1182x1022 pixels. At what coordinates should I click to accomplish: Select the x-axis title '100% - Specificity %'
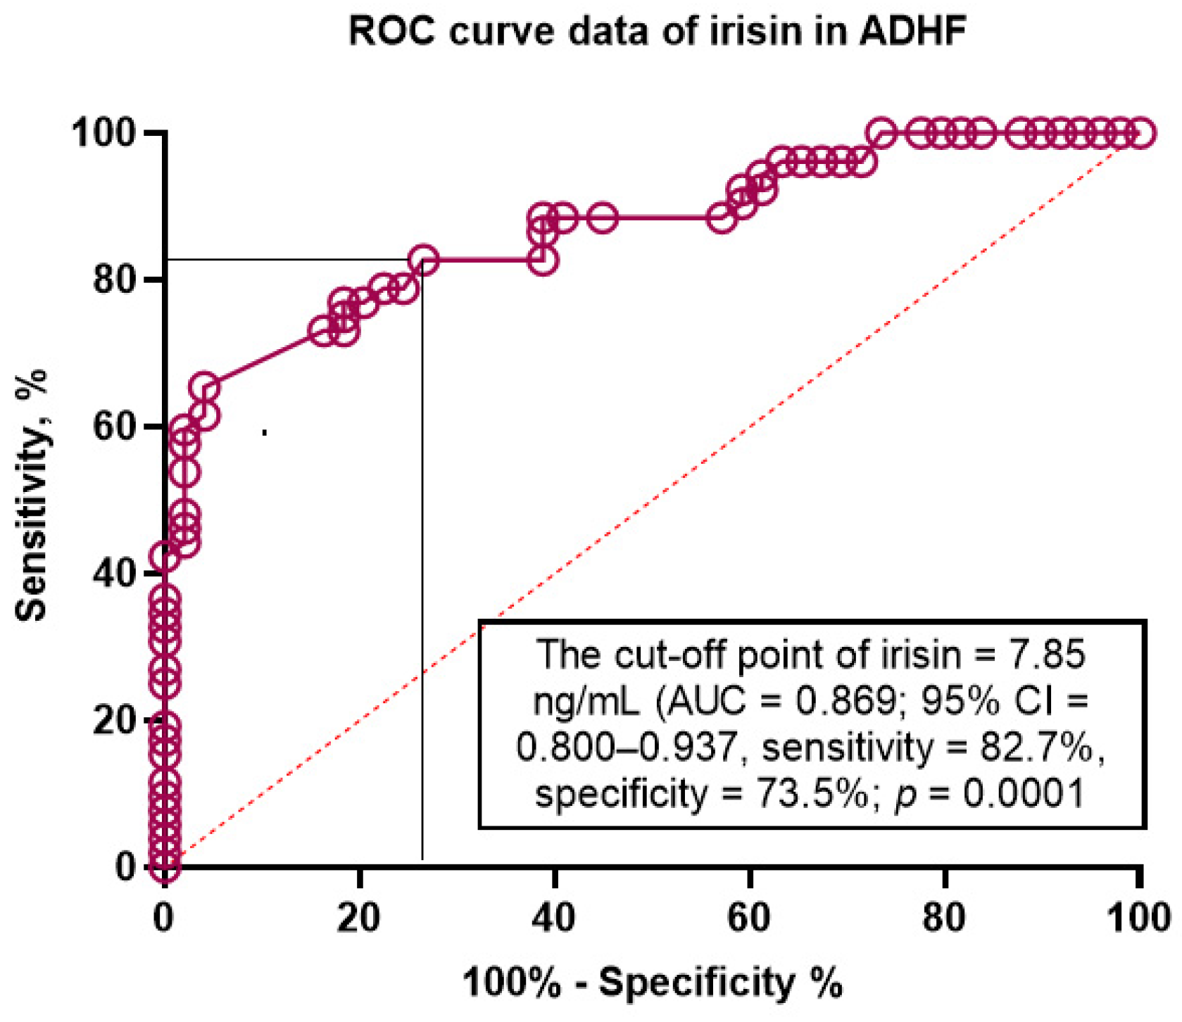652,981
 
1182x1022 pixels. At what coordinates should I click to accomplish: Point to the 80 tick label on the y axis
114,279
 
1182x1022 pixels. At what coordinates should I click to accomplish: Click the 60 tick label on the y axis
114,427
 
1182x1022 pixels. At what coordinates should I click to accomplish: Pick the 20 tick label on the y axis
114,720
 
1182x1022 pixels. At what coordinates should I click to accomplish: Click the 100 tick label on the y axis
104,133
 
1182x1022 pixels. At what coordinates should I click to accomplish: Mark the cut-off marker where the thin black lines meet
423,260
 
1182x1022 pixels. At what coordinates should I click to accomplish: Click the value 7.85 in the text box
1048,655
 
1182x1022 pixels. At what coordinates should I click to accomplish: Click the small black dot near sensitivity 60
264,432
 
